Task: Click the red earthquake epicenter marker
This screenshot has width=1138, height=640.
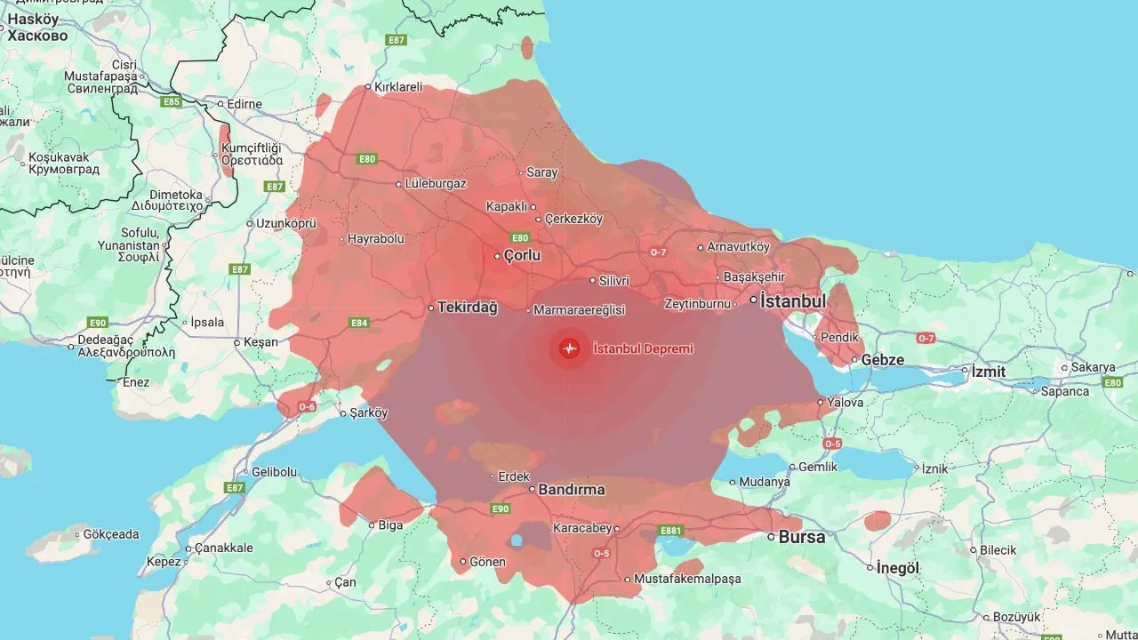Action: [569, 348]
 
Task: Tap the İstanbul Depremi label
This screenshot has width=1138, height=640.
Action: [643, 349]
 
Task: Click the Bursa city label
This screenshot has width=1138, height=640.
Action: [802, 537]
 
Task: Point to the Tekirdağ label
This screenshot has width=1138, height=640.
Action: [468, 308]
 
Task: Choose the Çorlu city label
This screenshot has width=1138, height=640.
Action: [522, 256]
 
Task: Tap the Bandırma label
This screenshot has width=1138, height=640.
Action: [573, 490]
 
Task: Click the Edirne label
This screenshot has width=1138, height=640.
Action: [244, 104]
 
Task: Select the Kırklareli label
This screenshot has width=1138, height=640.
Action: [397, 87]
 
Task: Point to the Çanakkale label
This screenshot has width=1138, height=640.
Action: [223, 548]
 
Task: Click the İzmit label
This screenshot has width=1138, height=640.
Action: [988, 371]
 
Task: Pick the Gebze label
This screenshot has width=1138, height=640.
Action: [882, 360]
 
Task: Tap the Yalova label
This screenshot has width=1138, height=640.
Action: [845, 403]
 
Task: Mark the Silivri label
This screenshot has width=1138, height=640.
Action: [613, 280]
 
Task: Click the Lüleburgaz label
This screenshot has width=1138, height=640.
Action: [436, 184]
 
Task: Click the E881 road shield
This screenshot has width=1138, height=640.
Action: [670, 531]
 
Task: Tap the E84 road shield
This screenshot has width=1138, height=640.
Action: [359, 323]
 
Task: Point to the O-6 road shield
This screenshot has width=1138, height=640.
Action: [307, 406]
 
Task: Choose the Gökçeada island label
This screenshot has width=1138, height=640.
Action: [111, 534]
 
